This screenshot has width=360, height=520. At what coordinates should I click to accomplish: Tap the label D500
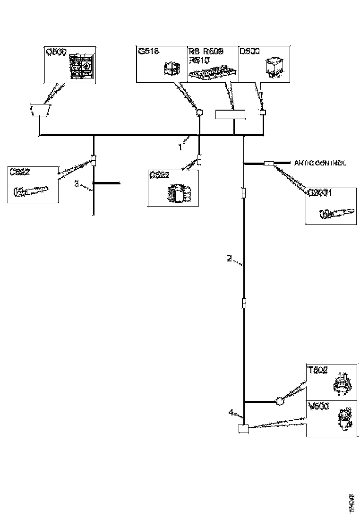tap(249, 51)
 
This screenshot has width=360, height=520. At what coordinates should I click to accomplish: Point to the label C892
tap(20, 172)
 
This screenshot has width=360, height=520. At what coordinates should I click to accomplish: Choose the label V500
tap(318, 407)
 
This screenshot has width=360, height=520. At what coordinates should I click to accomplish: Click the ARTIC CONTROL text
tap(320, 163)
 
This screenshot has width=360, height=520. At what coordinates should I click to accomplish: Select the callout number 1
tap(180, 147)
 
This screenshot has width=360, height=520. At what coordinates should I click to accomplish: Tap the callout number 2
tap(230, 259)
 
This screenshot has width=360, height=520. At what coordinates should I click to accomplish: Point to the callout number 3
tap(77, 184)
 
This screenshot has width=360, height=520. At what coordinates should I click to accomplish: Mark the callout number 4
tap(231, 412)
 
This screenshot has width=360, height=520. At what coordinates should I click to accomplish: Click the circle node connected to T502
tap(279, 402)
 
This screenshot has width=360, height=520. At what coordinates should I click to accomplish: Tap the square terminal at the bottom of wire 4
tap(243, 429)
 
